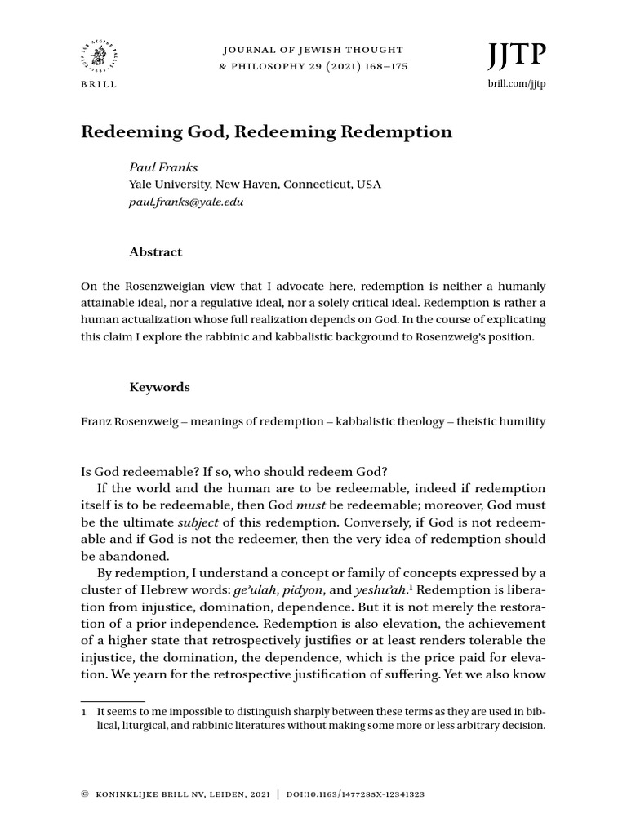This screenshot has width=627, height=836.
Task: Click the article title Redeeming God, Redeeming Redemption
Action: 266,131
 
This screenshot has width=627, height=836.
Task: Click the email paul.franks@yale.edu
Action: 186,201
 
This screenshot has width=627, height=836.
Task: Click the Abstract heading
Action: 155,252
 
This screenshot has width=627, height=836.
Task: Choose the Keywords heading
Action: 159,387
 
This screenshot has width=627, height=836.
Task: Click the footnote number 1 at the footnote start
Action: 84,712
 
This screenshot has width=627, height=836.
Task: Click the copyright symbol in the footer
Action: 84,793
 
